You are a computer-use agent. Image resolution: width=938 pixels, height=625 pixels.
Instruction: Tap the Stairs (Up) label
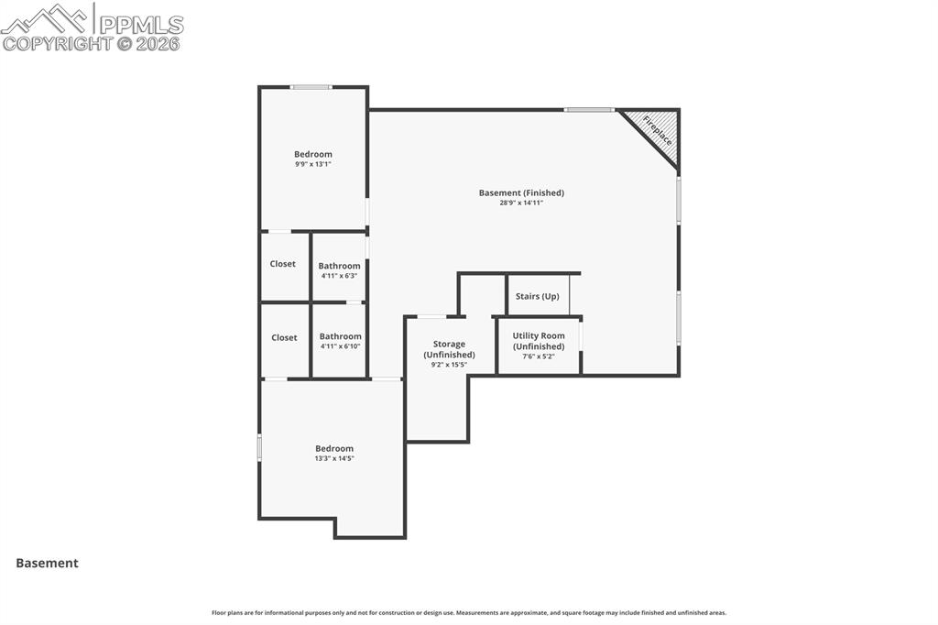click(537, 296)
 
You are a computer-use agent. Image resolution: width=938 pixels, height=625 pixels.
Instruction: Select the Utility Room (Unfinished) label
click(539, 341)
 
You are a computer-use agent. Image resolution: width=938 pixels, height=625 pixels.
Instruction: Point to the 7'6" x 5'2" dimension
click(539, 356)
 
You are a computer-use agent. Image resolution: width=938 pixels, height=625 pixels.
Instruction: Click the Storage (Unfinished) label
click(449, 350)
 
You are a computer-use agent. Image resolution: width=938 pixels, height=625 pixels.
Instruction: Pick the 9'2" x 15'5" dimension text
click(449, 365)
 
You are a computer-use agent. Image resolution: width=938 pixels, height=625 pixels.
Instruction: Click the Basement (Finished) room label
click(521, 192)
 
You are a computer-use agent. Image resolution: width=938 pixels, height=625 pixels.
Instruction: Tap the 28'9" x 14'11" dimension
click(521, 203)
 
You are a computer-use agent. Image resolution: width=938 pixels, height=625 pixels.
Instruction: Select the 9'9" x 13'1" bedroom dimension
click(313, 164)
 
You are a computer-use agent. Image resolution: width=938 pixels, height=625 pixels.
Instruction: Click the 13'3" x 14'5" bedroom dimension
click(334, 458)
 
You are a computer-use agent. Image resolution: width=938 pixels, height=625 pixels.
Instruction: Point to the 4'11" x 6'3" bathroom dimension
click(339, 276)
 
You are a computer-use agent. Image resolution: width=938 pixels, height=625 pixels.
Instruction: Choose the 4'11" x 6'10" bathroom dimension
click(341, 346)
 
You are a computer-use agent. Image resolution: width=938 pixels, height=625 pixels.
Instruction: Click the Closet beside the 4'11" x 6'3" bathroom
click(282, 264)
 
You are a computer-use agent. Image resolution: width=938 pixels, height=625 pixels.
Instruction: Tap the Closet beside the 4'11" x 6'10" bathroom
click(284, 338)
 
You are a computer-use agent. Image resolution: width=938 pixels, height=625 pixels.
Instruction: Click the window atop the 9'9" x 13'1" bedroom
click(311, 87)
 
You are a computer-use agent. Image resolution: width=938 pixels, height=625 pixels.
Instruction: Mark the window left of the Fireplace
click(589, 110)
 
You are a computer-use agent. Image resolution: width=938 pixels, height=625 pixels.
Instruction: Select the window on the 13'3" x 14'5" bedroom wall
click(259, 448)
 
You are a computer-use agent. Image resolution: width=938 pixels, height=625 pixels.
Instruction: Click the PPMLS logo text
click(141, 25)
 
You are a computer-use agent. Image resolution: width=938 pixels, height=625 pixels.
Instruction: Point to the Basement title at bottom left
click(48, 564)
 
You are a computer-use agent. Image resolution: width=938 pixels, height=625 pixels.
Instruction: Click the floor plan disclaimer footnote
click(469, 613)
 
